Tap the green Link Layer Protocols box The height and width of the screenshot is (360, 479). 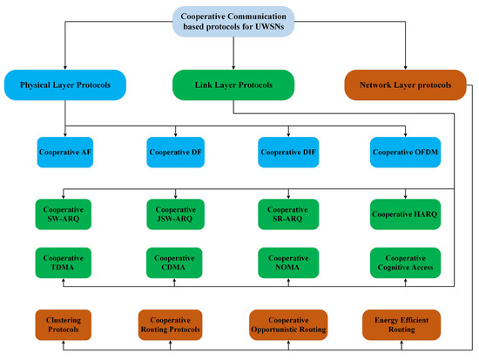pos(233,85)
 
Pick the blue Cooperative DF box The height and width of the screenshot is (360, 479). pos(174,151)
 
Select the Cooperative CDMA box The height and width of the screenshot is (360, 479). pos(174,262)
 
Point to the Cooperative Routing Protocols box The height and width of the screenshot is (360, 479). pos(174,325)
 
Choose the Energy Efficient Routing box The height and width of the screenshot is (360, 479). pos(399,325)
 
